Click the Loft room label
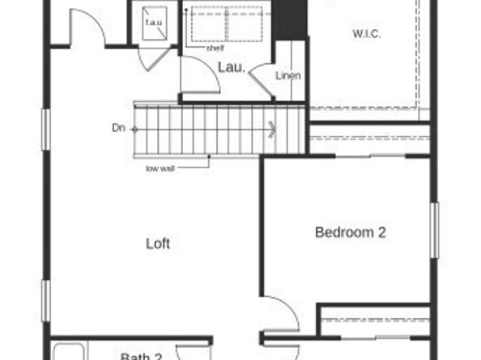[x=158, y=243]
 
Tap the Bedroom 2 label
[x=350, y=233]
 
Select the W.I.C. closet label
[x=366, y=33]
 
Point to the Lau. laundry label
[x=229, y=67]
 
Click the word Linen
[x=288, y=76]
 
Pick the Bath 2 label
[x=142, y=356]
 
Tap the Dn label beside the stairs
[x=118, y=128]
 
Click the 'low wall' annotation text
[x=161, y=168]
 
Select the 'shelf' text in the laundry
[x=214, y=48]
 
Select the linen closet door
[x=259, y=79]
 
